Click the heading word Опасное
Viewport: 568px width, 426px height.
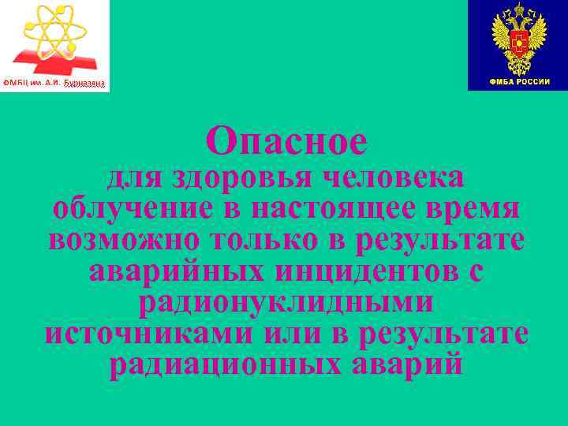(x=286, y=142)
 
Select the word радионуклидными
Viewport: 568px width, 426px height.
(x=286, y=302)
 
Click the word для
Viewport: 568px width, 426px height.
(x=133, y=178)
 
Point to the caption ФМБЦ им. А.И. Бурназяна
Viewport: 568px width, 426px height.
(x=54, y=84)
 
